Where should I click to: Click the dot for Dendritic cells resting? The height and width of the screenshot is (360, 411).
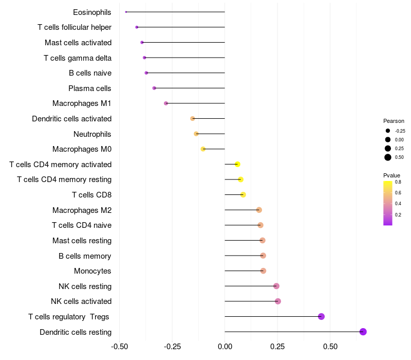(363, 332)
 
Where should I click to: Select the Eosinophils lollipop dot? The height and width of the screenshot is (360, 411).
(126, 12)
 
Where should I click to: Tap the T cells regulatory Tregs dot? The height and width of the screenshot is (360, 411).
(322, 316)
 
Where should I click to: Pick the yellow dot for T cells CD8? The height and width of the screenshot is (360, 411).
(243, 194)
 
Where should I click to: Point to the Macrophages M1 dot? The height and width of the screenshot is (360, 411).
(166, 103)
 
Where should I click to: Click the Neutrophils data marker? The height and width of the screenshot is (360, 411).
(196, 134)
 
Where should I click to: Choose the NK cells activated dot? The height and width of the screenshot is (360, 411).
(278, 301)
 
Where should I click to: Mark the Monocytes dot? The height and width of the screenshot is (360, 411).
(263, 271)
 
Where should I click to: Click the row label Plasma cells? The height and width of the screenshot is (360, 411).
(90, 88)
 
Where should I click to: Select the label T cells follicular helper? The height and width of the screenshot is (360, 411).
(74, 27)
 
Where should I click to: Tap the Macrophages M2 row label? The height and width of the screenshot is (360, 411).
(82, 210)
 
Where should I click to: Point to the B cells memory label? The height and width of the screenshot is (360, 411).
(85, 256)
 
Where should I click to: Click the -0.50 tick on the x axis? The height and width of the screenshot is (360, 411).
(120, 346)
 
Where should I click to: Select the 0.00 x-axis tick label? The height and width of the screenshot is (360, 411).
(225, 346)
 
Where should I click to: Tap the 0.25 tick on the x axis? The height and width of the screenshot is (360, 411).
(277, 346)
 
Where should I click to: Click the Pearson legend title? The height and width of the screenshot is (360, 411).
(394, 121)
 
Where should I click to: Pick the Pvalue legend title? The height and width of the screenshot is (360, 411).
(391, 175)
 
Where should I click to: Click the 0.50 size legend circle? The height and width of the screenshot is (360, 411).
(388, 157)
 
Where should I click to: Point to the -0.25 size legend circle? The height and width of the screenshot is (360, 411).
(388, 131)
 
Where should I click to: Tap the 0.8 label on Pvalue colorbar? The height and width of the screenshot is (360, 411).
(398, 182)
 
